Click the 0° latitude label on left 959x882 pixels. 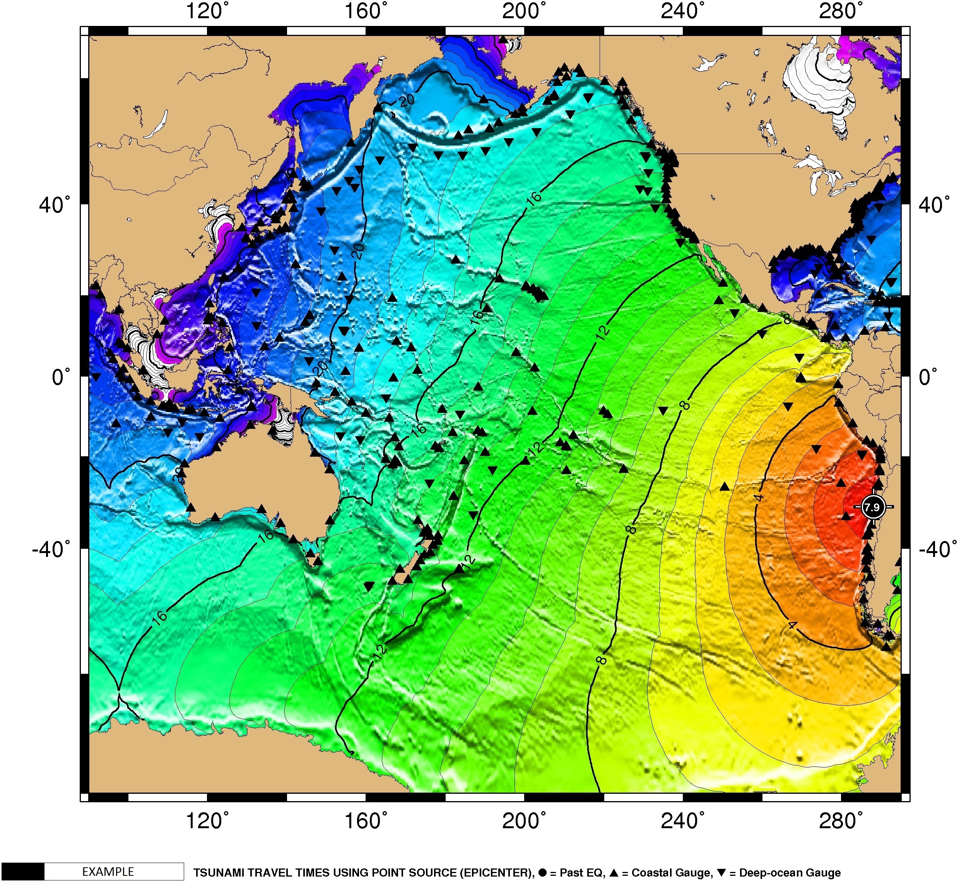click(x=61, y=377)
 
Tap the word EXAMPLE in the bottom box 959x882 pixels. click(x=108, y=872)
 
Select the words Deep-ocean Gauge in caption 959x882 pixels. click(x=790, y=873)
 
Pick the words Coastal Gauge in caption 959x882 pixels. click(x=671, y=873)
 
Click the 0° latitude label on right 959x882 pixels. click(x=928, y=377)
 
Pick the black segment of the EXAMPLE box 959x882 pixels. click(x=22, y=872)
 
